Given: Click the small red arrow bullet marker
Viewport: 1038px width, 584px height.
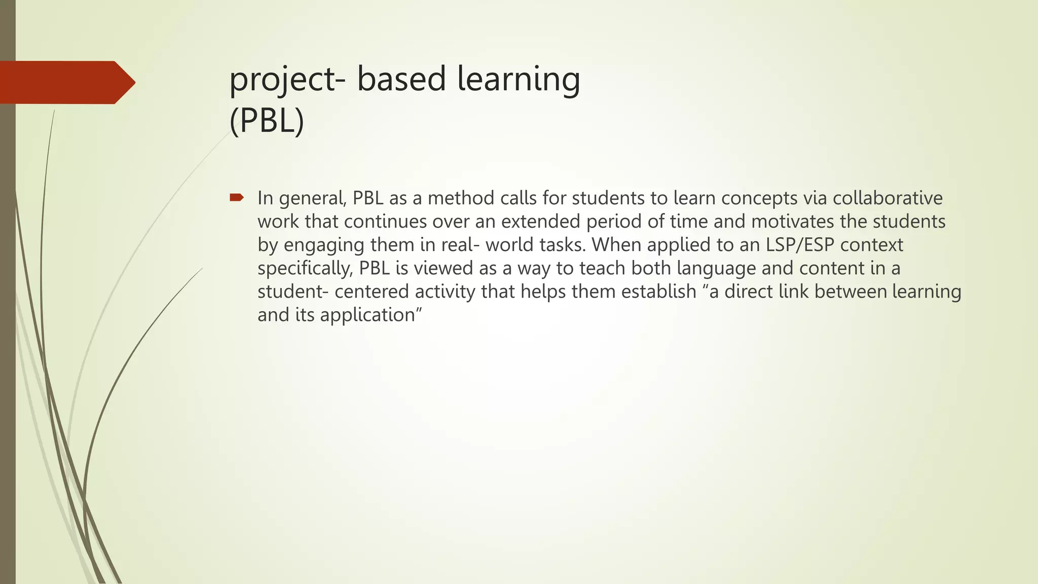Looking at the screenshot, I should [x=237, y=197].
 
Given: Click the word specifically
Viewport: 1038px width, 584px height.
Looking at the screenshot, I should [x=305, y=268].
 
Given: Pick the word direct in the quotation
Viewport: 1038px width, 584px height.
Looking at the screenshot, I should [x=748, y=291].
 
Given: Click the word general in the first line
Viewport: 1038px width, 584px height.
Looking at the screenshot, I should [x=312, y=198].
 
